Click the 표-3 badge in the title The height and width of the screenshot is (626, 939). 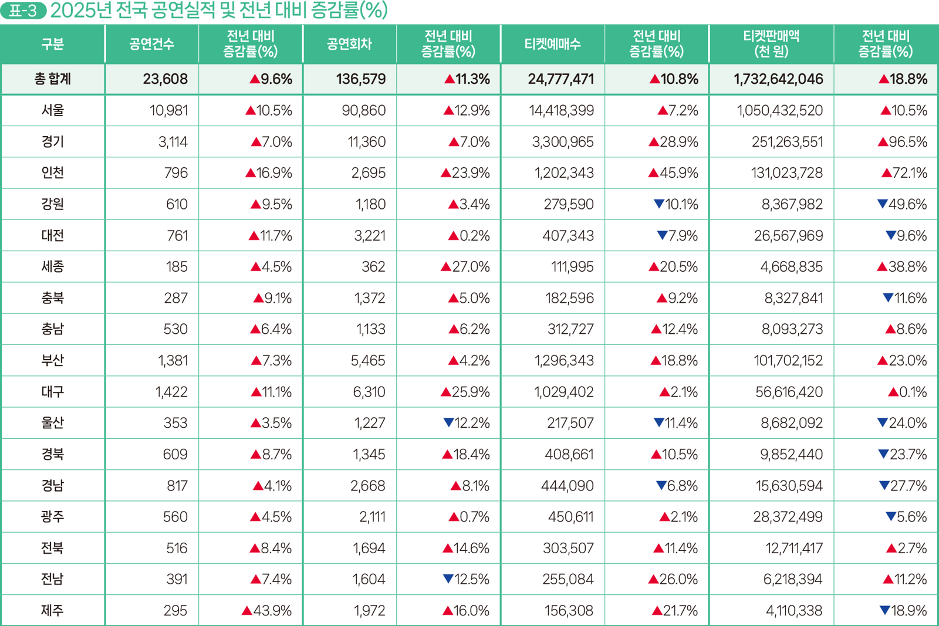pos(23,11)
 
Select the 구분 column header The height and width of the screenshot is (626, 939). pos(52,44)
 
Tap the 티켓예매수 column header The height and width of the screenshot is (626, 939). pos(552,44)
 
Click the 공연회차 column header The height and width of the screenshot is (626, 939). pos(349,44)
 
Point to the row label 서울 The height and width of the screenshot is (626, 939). pos(52,110)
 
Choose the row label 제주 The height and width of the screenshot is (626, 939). pos(52,611)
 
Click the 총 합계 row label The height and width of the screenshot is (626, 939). pos(52,79)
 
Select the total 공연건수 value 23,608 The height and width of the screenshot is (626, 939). pos(165,79)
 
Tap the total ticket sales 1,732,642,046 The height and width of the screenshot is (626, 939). pos(778,79)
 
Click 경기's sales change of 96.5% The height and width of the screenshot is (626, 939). pos(903,142)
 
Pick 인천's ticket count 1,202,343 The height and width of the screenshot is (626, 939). pos(563,173)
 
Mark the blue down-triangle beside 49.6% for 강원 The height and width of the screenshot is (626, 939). pos(882,204)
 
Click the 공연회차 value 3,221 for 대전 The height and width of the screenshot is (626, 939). pos(370,236)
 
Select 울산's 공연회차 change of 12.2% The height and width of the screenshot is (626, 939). pos(467,423)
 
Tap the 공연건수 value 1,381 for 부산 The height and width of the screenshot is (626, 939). pos(173,361)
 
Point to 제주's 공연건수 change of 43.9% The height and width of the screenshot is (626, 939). pos(267,611)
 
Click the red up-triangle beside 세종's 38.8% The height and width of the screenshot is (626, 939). pos(882,267)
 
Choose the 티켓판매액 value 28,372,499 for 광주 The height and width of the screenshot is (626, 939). pos(788,517)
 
